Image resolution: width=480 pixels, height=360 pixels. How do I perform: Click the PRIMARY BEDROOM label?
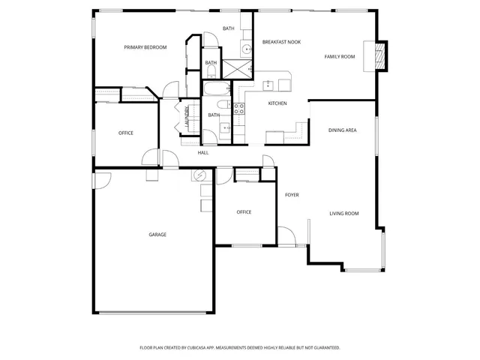click(145, 47)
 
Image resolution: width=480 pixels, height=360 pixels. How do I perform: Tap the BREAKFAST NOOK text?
click(281, 42)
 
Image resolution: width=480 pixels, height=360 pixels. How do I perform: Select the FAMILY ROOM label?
click(339, 57)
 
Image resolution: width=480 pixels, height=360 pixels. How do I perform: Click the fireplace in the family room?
click(379, 54)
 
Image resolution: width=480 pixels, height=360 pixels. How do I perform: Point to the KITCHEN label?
click(277, 103)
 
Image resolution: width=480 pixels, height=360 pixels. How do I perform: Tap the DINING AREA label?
click(342, 130)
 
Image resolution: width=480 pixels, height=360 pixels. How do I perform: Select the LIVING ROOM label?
click(344, 214)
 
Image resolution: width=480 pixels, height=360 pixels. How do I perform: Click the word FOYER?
click(292, 195)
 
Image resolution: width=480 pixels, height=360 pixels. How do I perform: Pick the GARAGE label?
click(157, 235)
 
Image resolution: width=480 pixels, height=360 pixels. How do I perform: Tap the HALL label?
click(203, 153)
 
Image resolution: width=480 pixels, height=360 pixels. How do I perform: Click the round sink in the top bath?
click(247, 49)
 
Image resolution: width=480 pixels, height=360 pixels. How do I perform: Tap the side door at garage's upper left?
click(101, 180)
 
